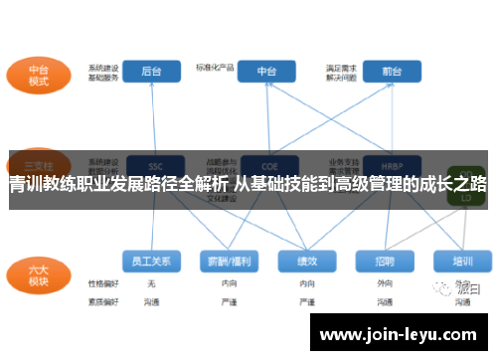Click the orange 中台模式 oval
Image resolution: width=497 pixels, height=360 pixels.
pos(39,76)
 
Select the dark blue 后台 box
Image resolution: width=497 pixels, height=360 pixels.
pos(152,72)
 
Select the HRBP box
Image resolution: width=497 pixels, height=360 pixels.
pos(386,165)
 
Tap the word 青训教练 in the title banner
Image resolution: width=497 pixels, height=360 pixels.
pos(40,185)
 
